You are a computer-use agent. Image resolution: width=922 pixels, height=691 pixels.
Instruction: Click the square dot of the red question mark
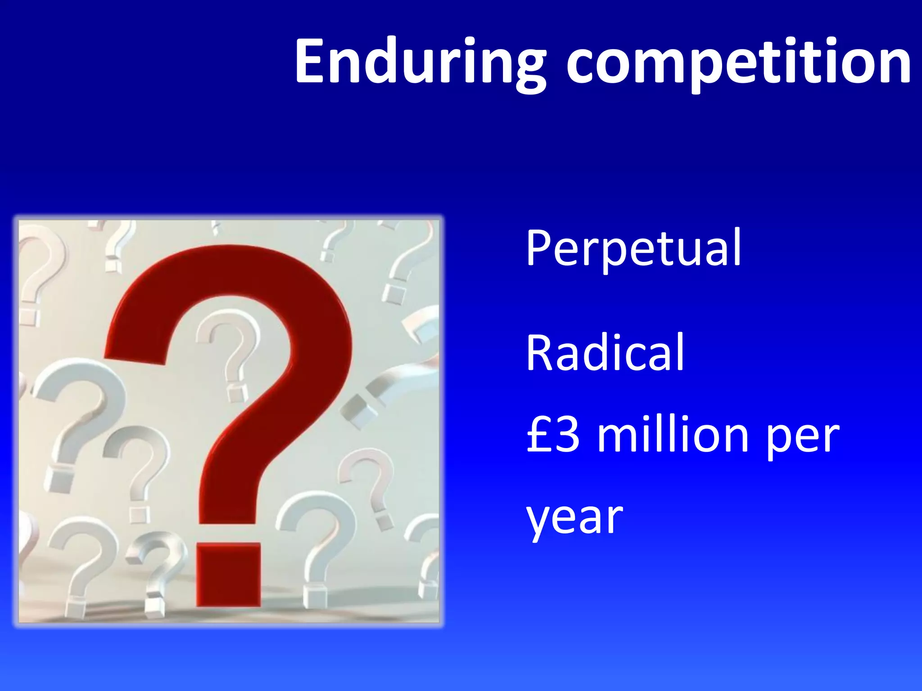coord(229,574)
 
